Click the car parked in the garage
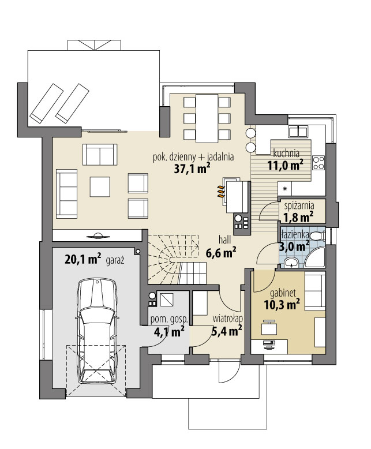tap(98, 331)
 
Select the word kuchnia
tap(286, 153)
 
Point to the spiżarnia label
tap(299, 205)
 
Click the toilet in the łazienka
tap(317, 236)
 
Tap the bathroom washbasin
tap(292, 262)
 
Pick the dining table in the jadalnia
tap(207, 118)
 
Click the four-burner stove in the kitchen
tap(318, 163)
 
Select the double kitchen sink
tap(298, 132)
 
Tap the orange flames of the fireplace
tap(220, 191)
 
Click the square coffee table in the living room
tap(100, 187)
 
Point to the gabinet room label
tap(283, 293)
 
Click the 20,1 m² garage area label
tap(83, 260)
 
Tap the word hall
tap(224, 240)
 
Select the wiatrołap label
tap(228, 319)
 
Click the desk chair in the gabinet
tap(269, 327)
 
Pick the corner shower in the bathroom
tap(315, 257)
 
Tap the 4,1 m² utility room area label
tap(169, 332)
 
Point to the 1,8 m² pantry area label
tap(298, 217)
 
